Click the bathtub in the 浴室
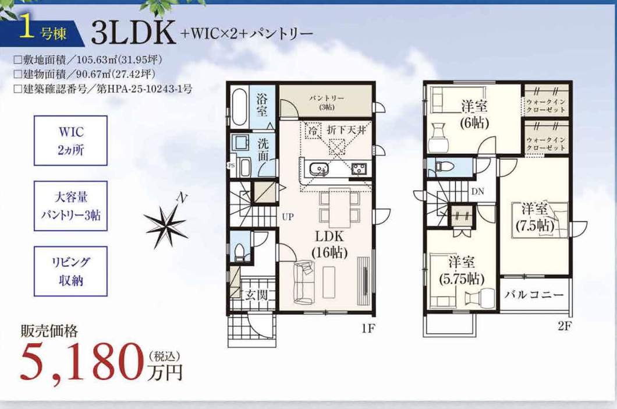[239, 107]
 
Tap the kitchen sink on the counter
[318, 170]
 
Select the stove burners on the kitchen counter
[360, 169]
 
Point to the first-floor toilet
[240, 251]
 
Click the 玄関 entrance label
[257, 295]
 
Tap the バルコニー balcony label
[534, 295]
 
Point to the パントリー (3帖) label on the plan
[327, 102]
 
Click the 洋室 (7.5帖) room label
[535, 217]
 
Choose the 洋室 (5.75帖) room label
[462, 271]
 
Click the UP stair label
[288, 217]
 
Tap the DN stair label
[477, 192]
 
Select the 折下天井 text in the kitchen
[346, 130]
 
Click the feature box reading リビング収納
[70, 272]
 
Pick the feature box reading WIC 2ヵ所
[70, 140]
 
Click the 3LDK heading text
[133, 32]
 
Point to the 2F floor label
[563, 326]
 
